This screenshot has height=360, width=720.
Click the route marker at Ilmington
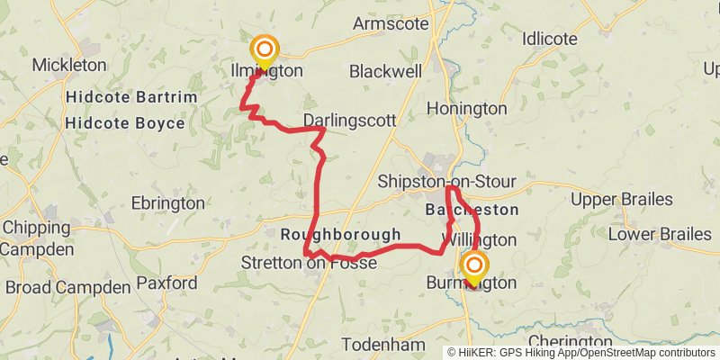point(265,50)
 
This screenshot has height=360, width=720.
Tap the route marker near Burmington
point(473,266)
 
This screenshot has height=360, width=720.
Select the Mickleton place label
point(69,65)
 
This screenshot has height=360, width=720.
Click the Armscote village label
point(391,24)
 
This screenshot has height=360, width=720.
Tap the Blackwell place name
point(385,70)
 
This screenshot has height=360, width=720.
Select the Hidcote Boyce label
point(125,123)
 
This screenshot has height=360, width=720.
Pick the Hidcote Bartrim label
point(125,96)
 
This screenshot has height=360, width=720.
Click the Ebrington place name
point(168,203)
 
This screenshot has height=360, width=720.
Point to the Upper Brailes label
point(622,199)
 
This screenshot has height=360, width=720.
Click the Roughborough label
point(341,235)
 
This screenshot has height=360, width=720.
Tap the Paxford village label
point(166,283)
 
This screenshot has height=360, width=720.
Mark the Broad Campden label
point(67,288)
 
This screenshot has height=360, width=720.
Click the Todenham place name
point(383,345)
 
